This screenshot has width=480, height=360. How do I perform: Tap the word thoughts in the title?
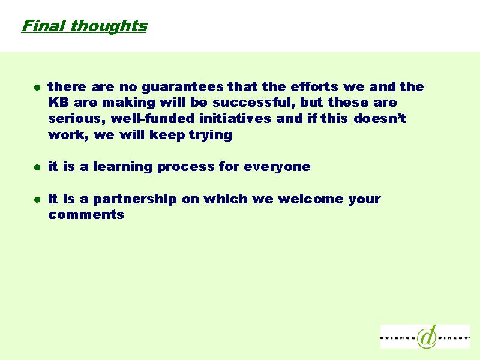109,26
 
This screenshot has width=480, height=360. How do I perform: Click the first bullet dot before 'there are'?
37,88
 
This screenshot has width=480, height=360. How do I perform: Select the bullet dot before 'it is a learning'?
37,167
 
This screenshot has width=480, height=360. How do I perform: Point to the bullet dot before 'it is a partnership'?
37,200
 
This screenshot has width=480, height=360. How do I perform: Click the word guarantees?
183,87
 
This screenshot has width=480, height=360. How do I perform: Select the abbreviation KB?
58,102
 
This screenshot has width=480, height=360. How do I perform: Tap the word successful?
254,102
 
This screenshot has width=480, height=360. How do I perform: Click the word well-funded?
152,118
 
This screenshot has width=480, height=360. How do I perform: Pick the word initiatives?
235,118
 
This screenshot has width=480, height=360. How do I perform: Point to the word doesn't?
380,118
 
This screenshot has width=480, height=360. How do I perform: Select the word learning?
122,167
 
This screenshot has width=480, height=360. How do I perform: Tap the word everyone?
277,167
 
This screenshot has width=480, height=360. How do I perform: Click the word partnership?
135,200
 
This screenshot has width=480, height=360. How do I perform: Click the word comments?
86,215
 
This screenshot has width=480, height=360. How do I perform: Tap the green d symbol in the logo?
427,337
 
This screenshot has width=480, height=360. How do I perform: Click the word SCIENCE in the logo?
398,338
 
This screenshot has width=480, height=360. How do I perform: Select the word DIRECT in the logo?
454,338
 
